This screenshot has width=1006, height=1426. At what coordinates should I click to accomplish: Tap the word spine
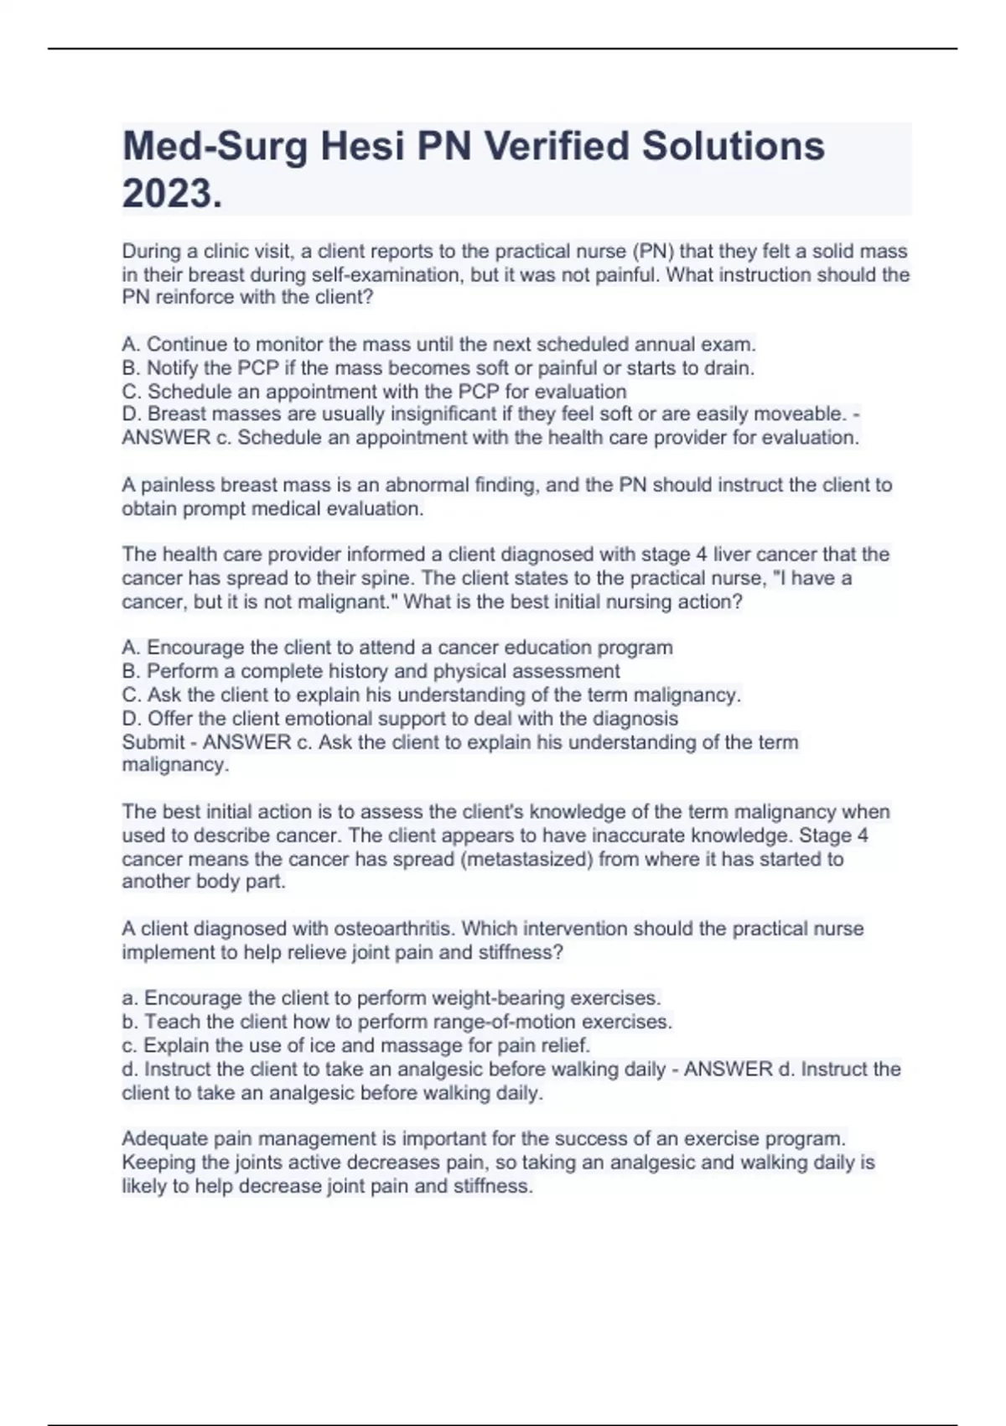click(x=381, y=578)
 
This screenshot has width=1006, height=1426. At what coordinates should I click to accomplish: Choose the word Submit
click(x=153, y=742)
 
